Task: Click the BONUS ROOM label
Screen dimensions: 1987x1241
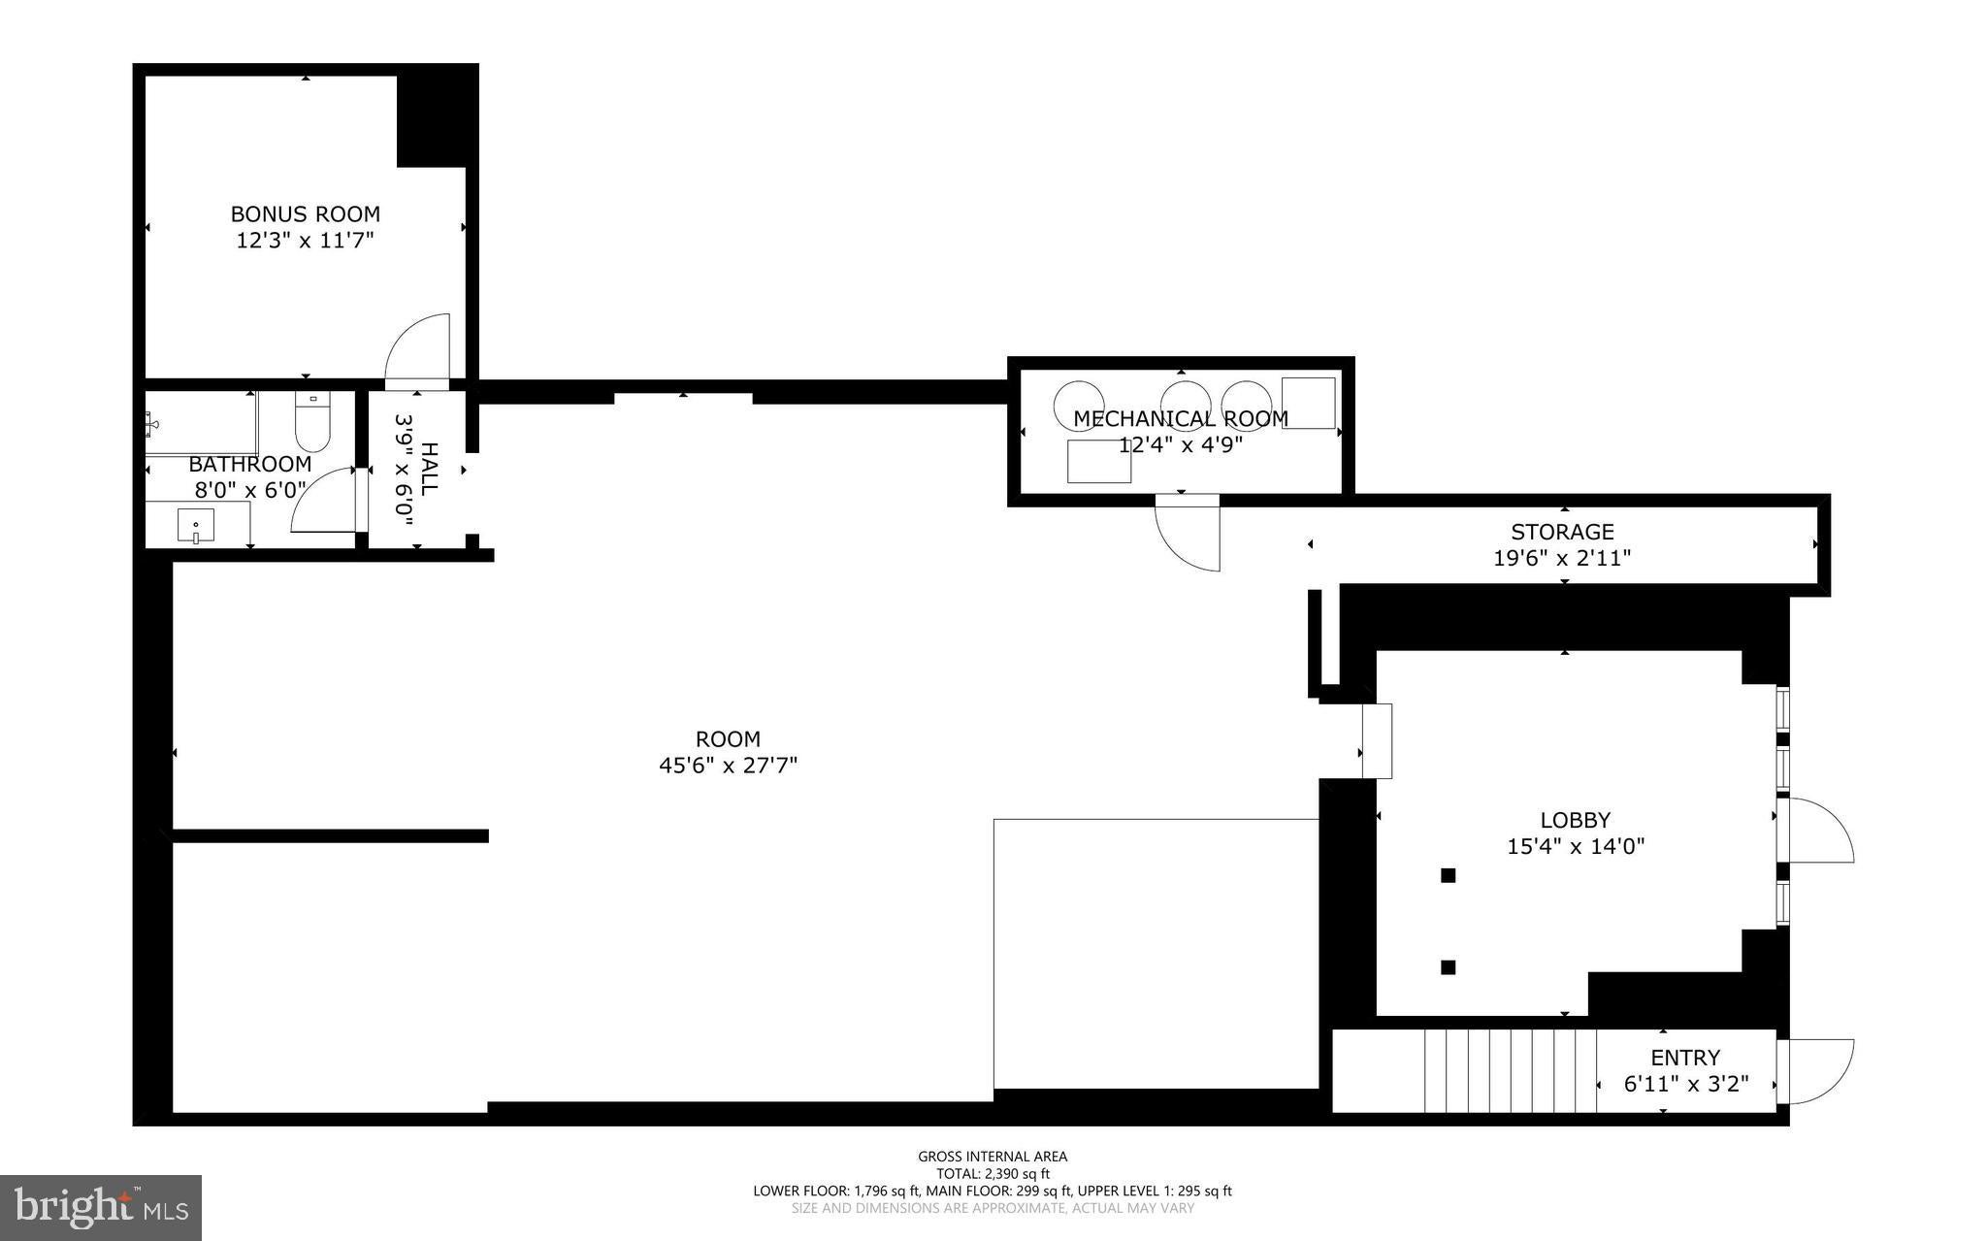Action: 305,213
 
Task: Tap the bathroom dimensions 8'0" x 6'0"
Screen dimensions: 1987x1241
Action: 250,490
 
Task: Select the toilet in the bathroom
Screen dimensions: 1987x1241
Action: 313,421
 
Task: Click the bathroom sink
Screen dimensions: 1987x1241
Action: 197,525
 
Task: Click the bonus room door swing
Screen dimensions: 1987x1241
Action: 418,350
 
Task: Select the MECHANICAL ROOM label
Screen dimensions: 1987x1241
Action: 1181,418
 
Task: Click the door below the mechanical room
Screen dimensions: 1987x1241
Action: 1188,533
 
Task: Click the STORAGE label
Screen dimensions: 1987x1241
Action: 1562,532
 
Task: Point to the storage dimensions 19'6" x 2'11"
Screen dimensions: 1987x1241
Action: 1562,558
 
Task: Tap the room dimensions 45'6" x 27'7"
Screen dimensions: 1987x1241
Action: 728,765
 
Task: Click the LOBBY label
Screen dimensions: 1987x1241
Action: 1576,820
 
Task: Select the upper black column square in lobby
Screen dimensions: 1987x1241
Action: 1449,875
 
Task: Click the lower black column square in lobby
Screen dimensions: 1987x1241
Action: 1449,966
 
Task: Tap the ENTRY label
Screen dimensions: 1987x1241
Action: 1685,1058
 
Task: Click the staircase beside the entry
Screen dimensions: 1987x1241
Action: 1511,1070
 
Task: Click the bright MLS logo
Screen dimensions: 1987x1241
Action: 101,1208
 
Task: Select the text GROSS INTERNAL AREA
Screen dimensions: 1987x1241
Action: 993,1156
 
